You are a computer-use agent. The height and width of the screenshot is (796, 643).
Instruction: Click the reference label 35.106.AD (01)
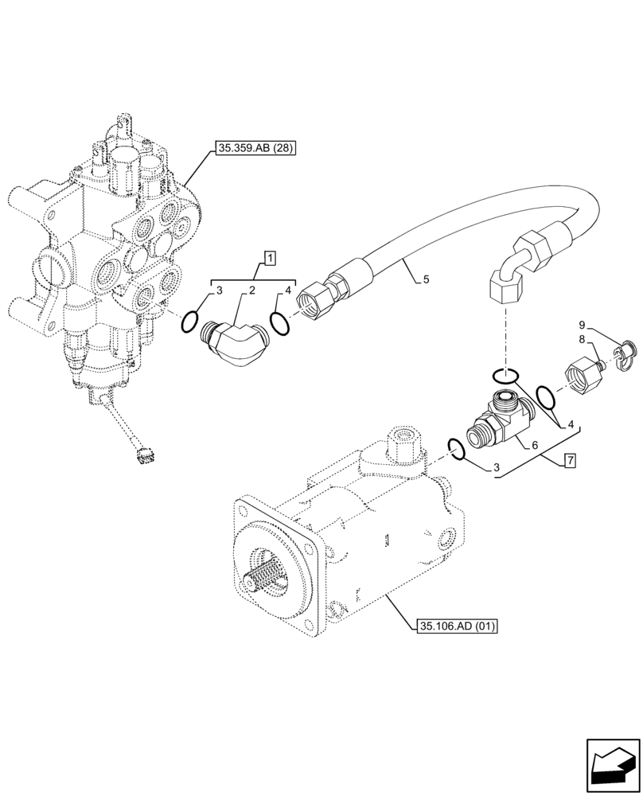click(x=456, y=627)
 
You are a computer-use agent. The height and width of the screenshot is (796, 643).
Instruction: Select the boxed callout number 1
click(x=271, y=257)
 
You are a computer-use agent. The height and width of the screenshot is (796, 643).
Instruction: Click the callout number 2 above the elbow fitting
click(x=251, y=291)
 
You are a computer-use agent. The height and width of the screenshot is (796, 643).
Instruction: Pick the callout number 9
click(x=582, y=325)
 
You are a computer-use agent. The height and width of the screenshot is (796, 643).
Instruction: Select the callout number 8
click(x=582, y=339)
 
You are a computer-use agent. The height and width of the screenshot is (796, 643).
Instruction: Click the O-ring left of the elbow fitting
click(x=189, y=322)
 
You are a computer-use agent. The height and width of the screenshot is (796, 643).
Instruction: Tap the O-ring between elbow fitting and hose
click(x=279, y=322)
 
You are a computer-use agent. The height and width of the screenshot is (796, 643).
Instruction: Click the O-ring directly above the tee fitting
click(x=506, y=375)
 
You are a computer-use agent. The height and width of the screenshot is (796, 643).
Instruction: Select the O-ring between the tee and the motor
click(x=456, y=450)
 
